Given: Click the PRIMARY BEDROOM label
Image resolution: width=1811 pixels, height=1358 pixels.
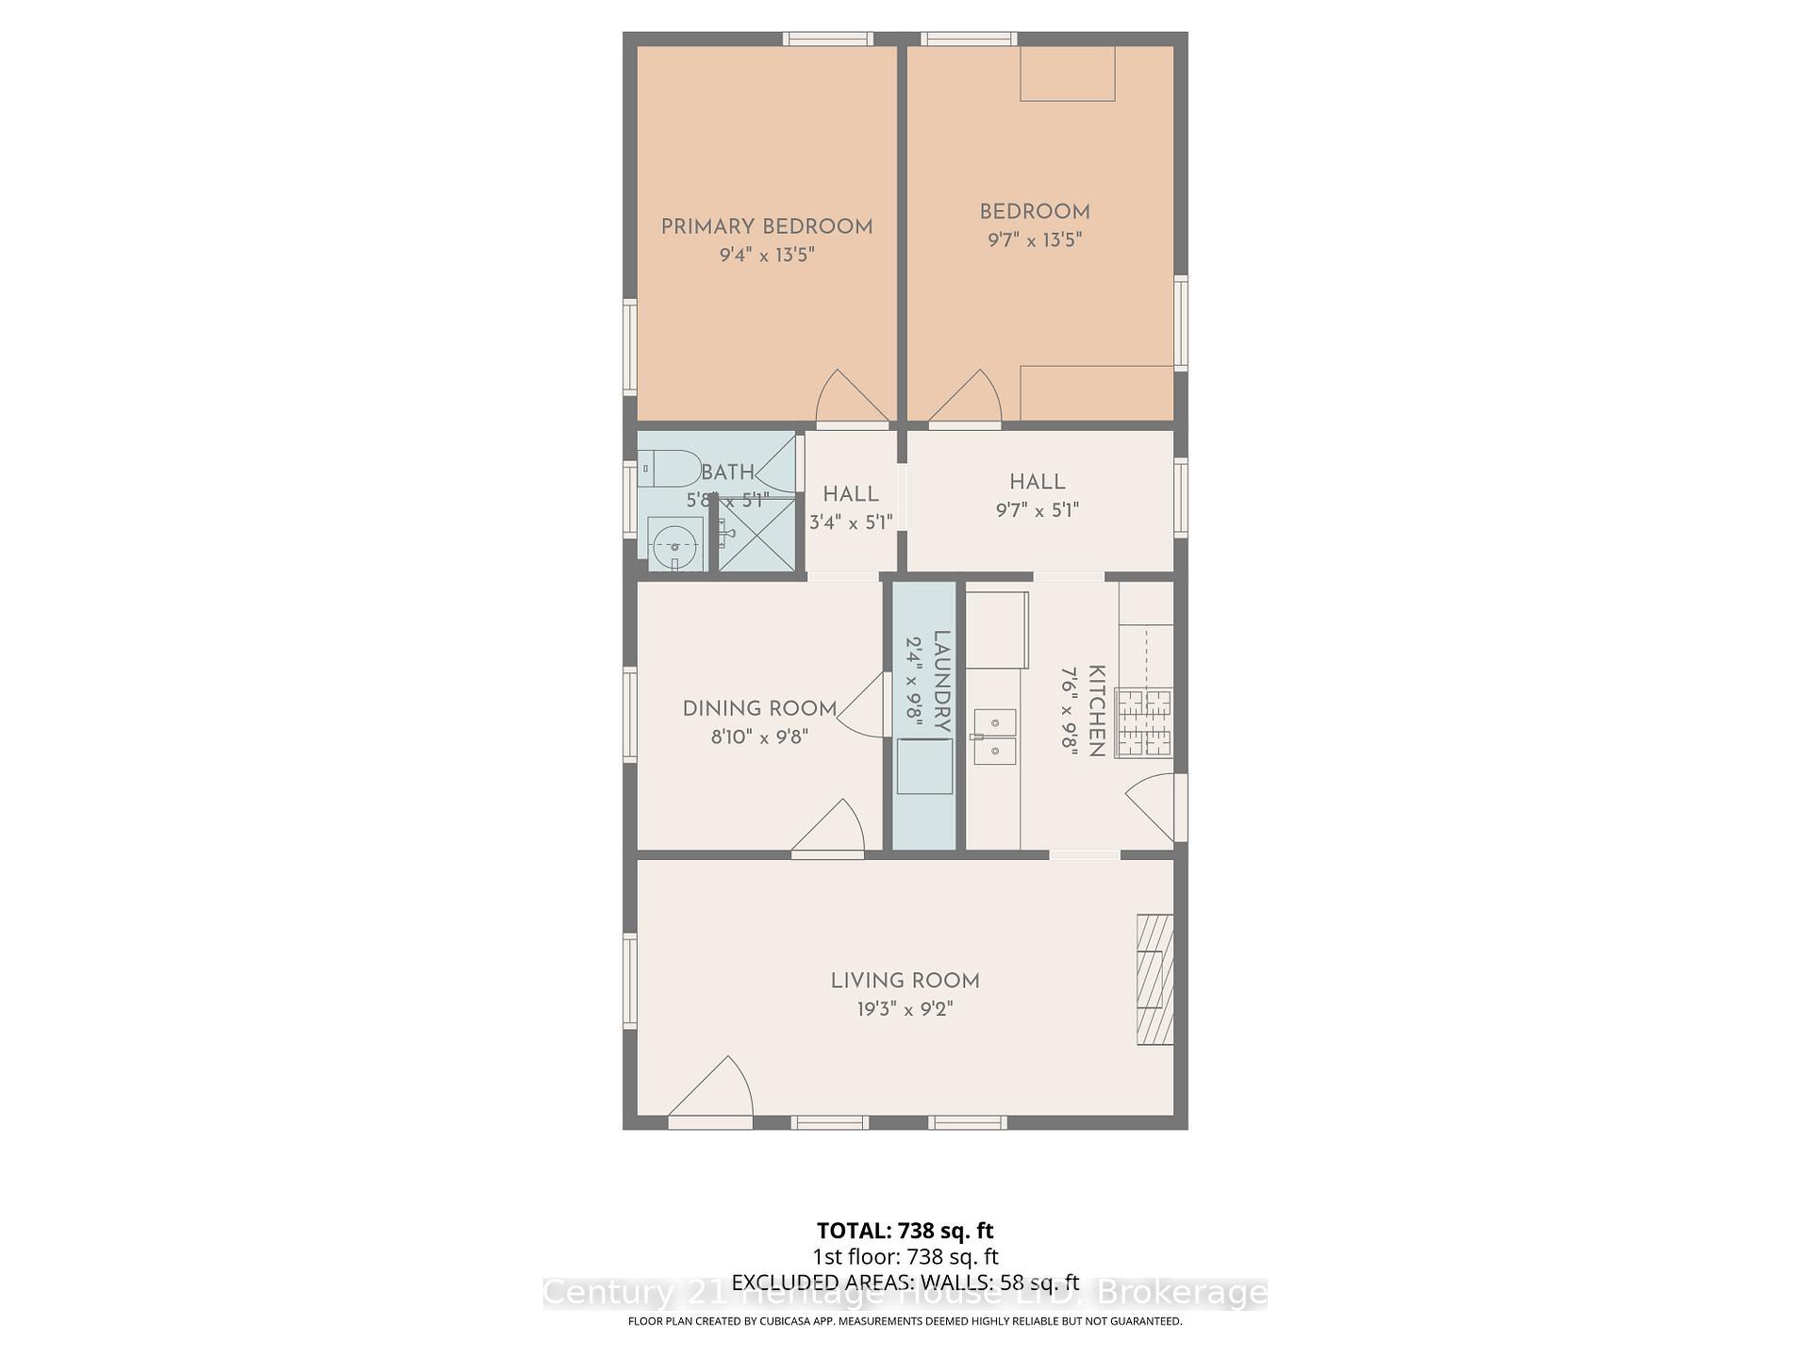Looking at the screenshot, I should point(766,226).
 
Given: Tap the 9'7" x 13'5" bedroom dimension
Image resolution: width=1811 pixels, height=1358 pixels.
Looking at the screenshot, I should point(1034,240).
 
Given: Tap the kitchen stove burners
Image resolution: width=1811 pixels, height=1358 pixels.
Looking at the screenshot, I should point(1144,722).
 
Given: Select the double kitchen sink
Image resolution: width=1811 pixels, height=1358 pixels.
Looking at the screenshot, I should point(994,737).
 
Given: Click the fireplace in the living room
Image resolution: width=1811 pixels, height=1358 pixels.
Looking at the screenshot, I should point(1155,979).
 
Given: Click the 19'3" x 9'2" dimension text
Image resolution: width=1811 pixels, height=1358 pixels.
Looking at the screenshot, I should point(905,1009).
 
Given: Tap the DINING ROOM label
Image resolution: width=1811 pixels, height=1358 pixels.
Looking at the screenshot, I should point(759,708).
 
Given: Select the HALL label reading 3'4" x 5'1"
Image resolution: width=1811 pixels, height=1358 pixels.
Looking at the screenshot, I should point(850,494).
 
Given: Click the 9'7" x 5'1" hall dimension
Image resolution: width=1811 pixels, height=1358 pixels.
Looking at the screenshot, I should point(1037,510).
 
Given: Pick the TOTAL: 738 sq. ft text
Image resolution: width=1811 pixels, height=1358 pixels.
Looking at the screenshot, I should point(905,1231).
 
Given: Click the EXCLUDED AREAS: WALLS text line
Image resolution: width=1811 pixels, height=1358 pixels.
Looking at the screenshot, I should point(905,1282).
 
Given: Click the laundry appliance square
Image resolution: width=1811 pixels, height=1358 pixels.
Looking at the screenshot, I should point(924,766).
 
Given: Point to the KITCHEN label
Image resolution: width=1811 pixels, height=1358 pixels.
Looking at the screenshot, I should point(1096,711).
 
